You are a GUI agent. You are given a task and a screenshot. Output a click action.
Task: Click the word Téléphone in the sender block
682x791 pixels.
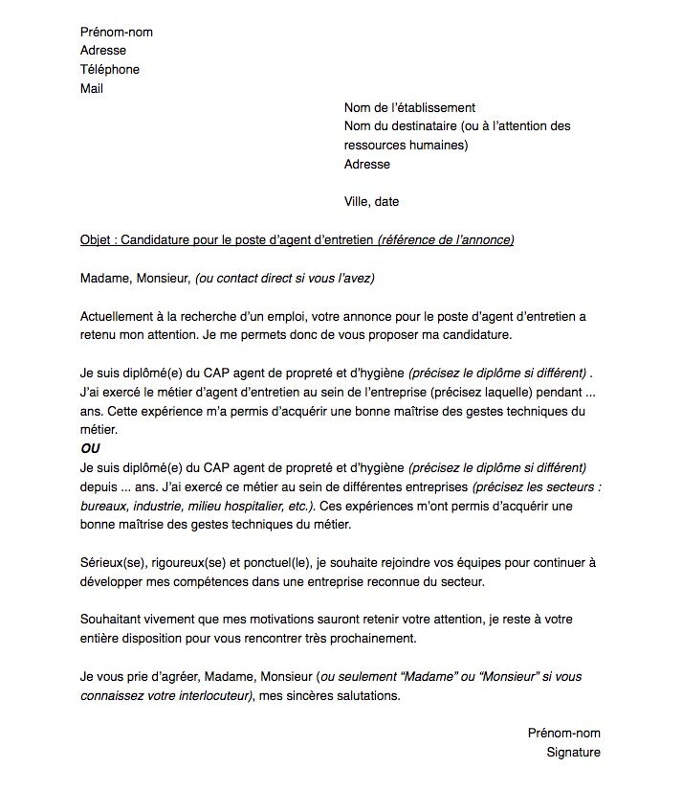110,70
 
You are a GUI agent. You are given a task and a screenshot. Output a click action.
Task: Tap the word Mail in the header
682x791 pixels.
92,89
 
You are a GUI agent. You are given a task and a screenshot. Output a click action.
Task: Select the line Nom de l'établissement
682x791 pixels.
409,108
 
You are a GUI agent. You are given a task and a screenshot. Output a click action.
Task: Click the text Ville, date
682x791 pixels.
371,202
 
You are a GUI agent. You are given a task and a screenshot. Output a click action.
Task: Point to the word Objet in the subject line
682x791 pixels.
97,239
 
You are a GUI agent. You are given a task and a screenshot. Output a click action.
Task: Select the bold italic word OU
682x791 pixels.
90,448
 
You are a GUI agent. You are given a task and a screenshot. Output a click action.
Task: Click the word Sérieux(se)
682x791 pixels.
112,562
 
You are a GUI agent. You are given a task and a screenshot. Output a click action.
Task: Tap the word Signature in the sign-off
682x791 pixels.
573,753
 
